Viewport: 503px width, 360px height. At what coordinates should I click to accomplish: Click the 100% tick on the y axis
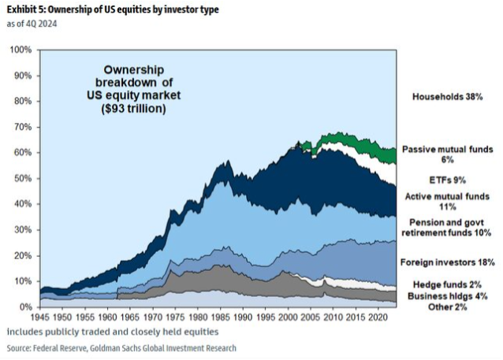coord(20,50)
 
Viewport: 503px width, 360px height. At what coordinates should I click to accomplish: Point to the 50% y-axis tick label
coord(22,178)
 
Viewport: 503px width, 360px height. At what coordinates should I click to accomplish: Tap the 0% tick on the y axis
coord(24,306)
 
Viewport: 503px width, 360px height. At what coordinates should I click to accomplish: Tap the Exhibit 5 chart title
coord(110,9)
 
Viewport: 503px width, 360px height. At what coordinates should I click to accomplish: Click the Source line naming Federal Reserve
coord(121,347)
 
